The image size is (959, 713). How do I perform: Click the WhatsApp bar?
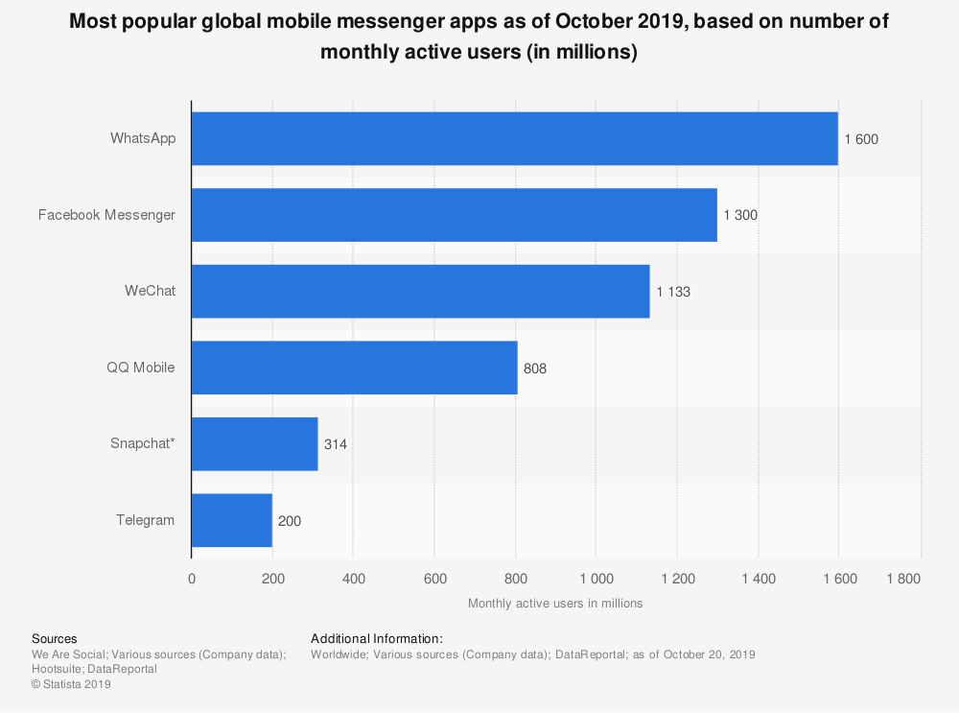pos(514,138)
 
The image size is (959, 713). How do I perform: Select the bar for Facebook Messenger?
pos(454,215)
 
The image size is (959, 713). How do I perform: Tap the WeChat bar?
pos(420,291)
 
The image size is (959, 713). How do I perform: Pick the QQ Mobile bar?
pos(354,368)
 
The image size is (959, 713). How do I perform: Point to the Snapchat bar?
pos(254,443)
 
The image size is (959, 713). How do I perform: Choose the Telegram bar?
pos(231,520)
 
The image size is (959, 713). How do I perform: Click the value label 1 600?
pos(861,139)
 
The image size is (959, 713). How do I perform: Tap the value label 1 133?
pos(673,292)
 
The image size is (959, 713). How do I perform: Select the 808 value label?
pos(535,368)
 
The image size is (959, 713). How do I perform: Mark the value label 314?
pos(336,444)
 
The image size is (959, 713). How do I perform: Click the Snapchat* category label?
pos(143,443)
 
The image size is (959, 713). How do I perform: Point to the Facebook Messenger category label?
pos(106,215)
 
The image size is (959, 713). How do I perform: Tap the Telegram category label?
pos(146,520)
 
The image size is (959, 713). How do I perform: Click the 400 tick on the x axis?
pos(353,579)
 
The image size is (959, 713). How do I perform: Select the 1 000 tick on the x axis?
pos(596,579)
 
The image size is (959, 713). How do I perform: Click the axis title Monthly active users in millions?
pos(555,604)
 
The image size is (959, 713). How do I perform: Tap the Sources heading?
pos(55,638)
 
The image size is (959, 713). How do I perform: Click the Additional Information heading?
pos(377,638)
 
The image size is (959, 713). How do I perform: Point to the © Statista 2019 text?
pos(72,684)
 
